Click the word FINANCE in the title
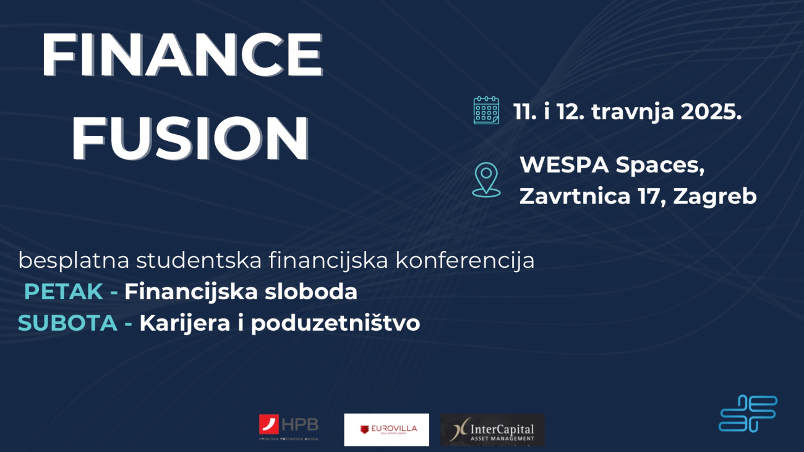182,56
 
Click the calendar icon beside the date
486,111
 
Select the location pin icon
486,180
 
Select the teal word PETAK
64,292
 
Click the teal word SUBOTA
67,323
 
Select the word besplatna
74,260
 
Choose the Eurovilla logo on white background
387,429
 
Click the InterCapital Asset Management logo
492,430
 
